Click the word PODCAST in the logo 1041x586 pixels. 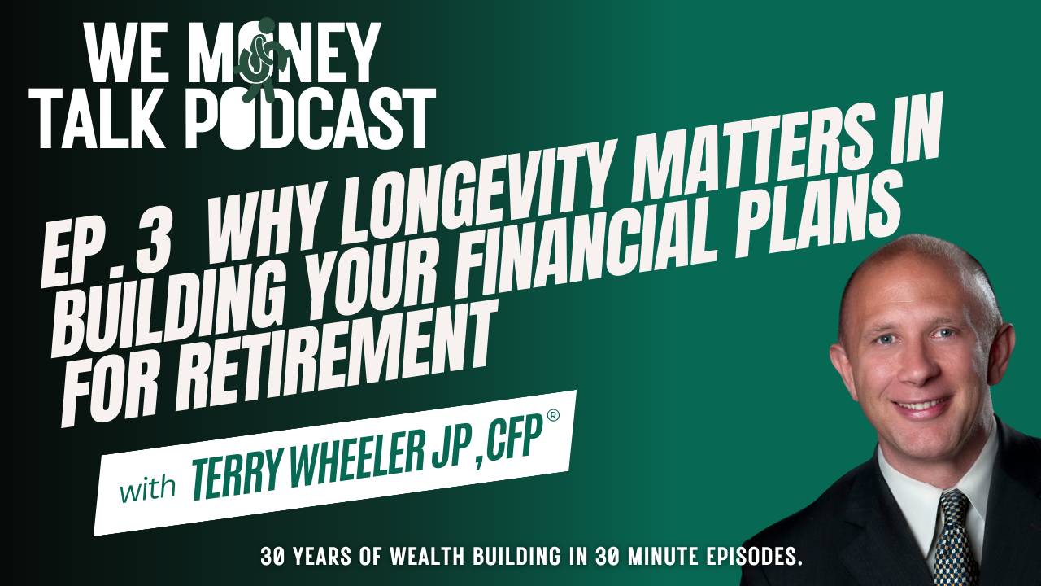[309, 120]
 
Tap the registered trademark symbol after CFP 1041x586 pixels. [553, 439]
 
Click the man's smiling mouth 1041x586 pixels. [921, 405]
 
